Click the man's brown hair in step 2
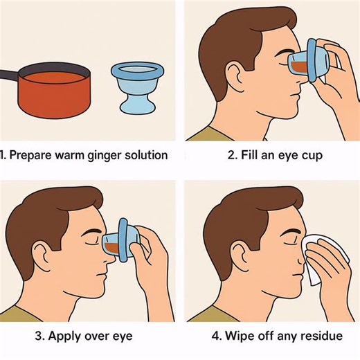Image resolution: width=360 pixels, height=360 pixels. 235,35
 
